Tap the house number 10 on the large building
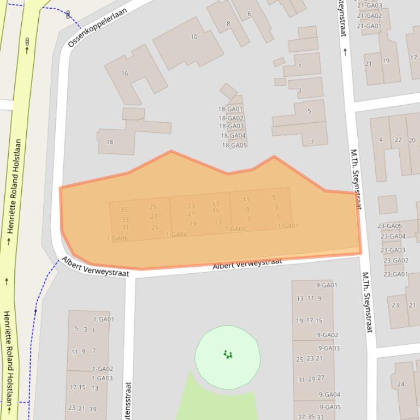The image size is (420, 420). pos(194,37)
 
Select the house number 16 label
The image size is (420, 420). pos(125,73)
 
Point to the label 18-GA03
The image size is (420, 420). pos(231,127)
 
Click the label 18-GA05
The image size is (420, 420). pos(234,145)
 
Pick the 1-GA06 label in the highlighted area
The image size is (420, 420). pos(117,238)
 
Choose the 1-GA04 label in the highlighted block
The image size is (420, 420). pos(176,235)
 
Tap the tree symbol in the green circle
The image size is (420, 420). pos(228,355)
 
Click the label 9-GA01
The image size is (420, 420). pos(327,285)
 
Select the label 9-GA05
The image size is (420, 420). pos(330,407)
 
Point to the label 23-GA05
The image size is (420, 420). pos(390,226)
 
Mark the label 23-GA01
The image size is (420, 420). pos(396,274)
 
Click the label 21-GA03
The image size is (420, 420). pos(370,6)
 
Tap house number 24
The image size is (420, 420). pos(401,384)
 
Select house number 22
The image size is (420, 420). pos(398,140)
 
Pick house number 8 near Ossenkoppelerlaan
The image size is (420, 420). pos(228,23)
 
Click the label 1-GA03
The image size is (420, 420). pos(102,378)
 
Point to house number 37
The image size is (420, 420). pos(301,417)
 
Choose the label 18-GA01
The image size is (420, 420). pos(230,109)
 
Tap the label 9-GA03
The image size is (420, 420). pos(328,348)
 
